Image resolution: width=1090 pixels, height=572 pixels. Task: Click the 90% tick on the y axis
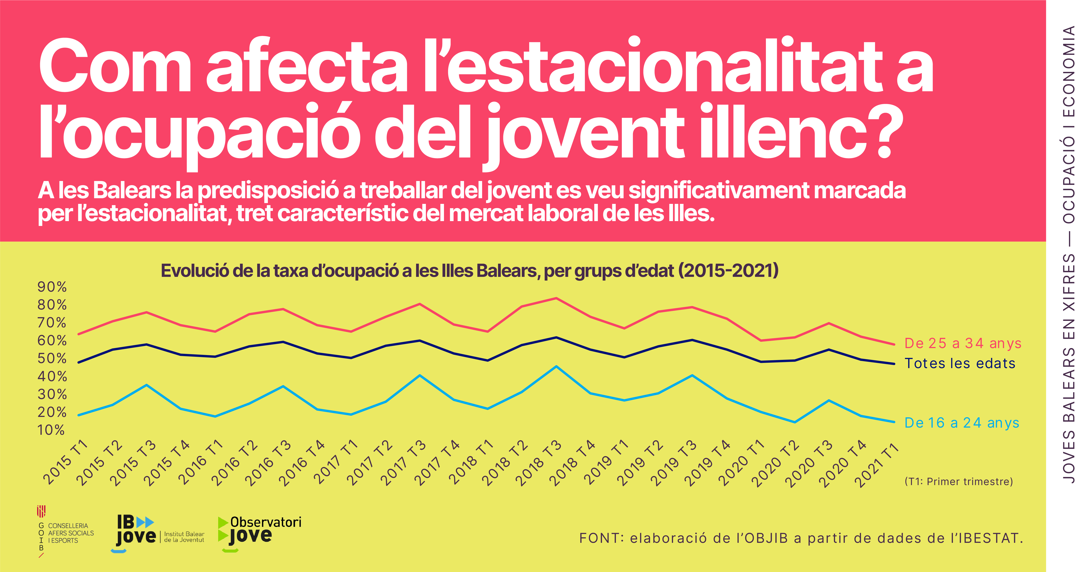point(52,287)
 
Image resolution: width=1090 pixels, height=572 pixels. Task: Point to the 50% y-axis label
point(52,359)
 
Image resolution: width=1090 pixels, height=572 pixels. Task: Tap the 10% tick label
point(51,430)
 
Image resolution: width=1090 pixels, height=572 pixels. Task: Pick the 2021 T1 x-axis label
point(876,464)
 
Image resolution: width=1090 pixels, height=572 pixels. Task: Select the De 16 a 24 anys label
point(961,423)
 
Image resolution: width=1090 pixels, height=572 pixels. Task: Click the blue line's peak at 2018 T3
point(556,366)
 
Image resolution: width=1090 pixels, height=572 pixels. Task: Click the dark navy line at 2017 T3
point(419,340)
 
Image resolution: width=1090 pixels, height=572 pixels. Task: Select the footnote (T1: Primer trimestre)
point(958,482)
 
